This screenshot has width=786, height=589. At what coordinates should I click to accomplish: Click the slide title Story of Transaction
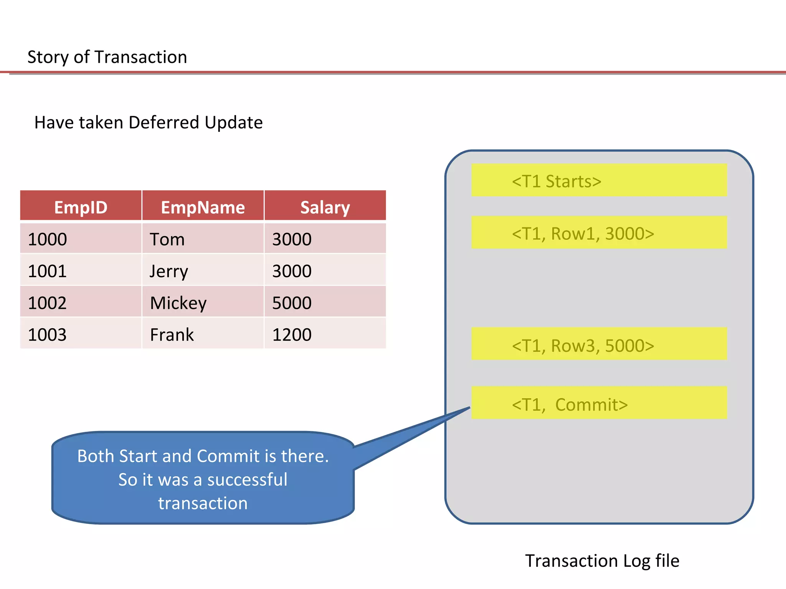(x=107, y=57)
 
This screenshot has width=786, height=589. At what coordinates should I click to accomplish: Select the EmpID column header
(x=81, y=207)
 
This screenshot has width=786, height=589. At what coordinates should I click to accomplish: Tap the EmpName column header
(x=203, y=207)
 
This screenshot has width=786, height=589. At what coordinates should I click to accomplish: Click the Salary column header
(x=325, y=207)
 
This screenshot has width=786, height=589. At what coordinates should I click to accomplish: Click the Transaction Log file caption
(x=602, y=561)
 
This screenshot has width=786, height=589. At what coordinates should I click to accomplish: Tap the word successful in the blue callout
(x=247, y=479)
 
